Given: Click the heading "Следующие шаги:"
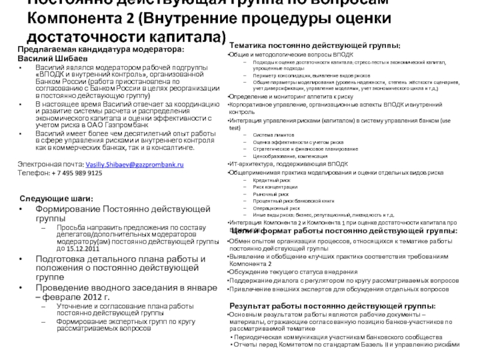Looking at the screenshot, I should (57, 199).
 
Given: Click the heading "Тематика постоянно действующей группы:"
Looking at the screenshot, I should (315, 46).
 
